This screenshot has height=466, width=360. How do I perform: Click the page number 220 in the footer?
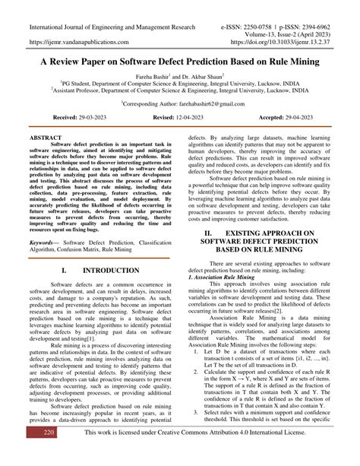[27, 453]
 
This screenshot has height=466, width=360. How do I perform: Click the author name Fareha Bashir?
[152, 78]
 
